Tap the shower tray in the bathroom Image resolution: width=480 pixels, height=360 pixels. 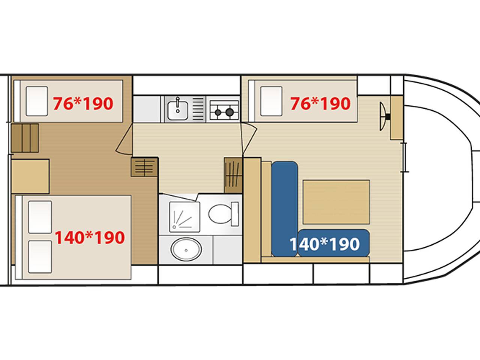[x=184, y=217]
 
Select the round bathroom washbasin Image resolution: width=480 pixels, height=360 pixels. [x=186, y=249]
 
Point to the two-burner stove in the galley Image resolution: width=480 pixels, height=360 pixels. [x=224, y=110]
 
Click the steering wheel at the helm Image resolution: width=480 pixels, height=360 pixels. [x=384, y=117]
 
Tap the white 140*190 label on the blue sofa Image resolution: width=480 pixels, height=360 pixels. [x=325, y=244]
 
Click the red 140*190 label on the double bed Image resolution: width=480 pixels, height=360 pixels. [x=90, y=237]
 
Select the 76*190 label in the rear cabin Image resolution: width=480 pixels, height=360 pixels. [x=83, y=103]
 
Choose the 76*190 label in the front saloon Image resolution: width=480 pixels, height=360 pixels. [x=320, y=103]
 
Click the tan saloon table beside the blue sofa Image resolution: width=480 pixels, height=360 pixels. [x=336, y=202]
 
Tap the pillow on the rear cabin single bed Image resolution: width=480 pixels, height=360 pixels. [x=37, y=101]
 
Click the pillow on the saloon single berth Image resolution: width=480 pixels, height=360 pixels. [x=271, y=101]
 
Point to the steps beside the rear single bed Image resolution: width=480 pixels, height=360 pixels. [x=25, y=138]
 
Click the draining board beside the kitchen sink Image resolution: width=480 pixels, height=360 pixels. [x=198, y=109]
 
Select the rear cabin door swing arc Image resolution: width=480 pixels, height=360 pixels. [x=123, y=140]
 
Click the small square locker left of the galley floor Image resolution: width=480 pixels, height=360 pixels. [x=144, y=167]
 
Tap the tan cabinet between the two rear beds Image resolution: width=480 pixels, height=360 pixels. [x=30, y=176]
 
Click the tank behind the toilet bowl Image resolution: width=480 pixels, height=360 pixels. [x=235, y=214]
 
